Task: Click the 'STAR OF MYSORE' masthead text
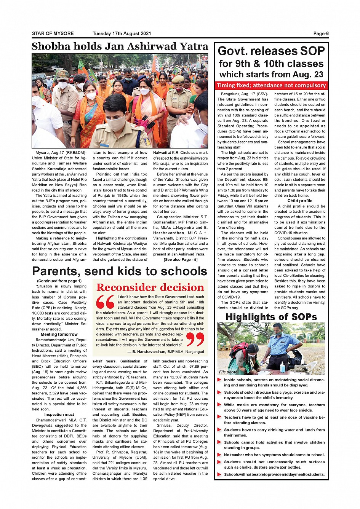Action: (x=53, y=34)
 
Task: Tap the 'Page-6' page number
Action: (x=321, y=34)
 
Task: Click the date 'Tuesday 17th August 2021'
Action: (x=122, y=34)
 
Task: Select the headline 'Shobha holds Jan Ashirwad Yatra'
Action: (x=120, y=46)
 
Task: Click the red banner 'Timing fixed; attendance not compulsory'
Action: (x=271, y=85)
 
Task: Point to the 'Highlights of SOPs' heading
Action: (x=271, y=317)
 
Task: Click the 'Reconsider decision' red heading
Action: (x=150, y=287)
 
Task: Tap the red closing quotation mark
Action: (x=195, y=339)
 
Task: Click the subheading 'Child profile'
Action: (x=300, y=201)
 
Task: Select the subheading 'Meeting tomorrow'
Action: (x=59, y=334)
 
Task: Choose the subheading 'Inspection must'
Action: (x=59, y=415)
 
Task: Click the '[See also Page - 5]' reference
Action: (x=181, y=260)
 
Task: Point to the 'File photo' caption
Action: (x=228, y=372)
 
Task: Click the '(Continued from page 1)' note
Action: (x=59, y=281)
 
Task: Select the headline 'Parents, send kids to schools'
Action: (x=120, y=271)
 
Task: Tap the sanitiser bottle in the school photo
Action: (x=282, y=367)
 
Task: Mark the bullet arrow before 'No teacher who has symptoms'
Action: (x=219, y=455)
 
